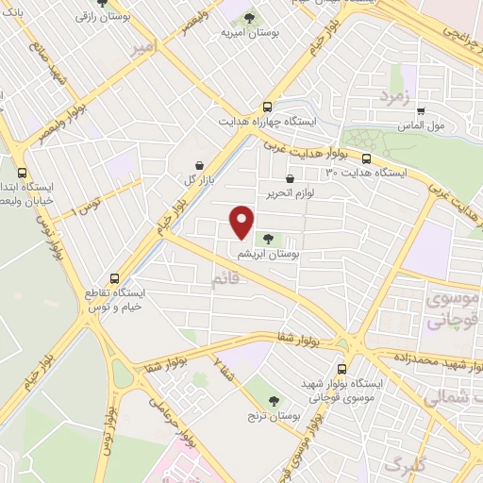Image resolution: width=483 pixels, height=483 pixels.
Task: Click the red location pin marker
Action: (x=242, y=223)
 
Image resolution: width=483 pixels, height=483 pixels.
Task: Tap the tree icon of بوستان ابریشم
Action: (x=271, y=240)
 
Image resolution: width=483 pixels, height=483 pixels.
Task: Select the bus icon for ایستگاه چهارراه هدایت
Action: (x=268, y=107)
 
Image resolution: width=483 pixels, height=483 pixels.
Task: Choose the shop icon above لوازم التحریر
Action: (x=290, y=177)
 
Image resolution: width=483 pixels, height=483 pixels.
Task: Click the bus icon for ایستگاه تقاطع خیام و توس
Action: (x=114, y=279)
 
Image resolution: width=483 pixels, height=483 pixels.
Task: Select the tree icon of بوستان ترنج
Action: (x=273, y=400)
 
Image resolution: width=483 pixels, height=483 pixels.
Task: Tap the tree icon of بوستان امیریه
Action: (x=249, y=17)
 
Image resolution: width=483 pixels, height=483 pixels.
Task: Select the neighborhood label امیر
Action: (x=144, y=50)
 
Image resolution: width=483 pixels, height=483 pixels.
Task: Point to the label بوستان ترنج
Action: (x=273, y=415)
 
